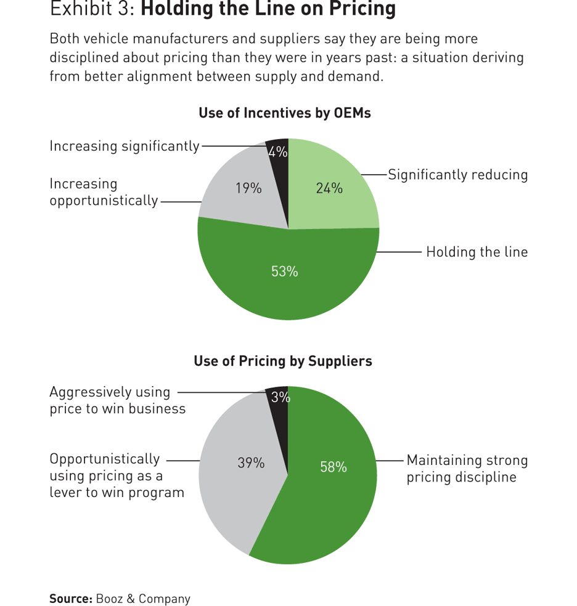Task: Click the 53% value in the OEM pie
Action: click(x=284, y=271)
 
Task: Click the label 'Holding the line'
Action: click(x=477, y=252)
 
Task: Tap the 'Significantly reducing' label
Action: click(x=457, y=175)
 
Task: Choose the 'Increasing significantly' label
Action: click(x=125, y=146)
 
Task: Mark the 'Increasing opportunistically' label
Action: click(x=104, y=192)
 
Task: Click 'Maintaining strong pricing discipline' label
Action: click(x=467, y=469)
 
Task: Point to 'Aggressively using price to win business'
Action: click(x=117, y=400)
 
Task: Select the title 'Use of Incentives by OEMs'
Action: click(x=284, y=113)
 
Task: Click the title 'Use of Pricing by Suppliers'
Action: click(x=283, y=361)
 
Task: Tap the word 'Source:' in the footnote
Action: click(x=71, y=599)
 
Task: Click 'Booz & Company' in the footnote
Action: click(x=143, y=599)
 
